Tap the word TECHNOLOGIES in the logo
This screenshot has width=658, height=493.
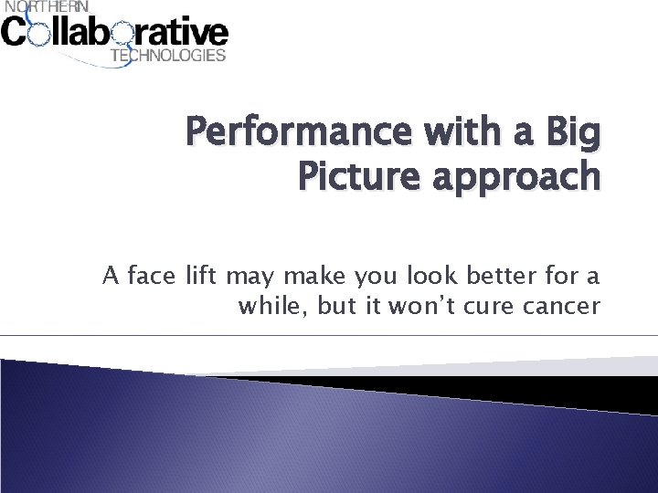point(167,56)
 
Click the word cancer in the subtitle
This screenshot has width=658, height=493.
point(568,306)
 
